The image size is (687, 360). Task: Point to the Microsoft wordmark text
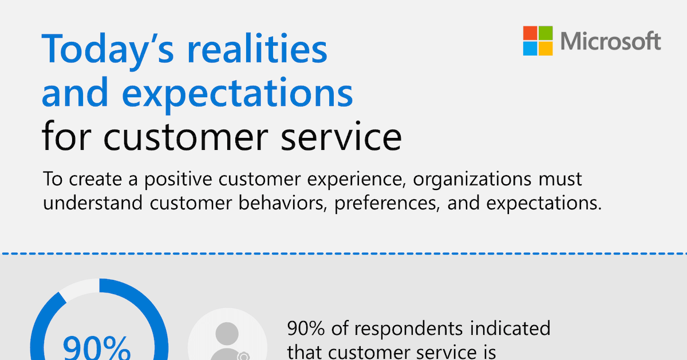tap(611, 41)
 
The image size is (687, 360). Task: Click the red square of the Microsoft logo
tap(530, 33)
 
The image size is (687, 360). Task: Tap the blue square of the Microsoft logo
tap(530, 49)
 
